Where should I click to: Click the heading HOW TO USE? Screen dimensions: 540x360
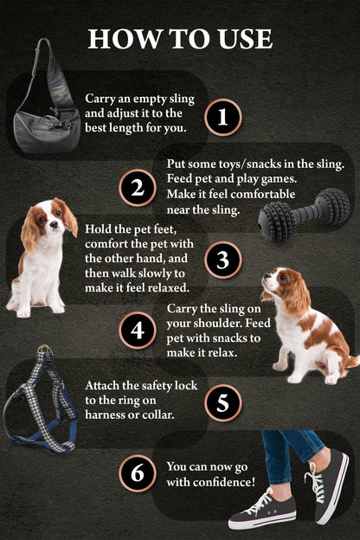pos(180,38)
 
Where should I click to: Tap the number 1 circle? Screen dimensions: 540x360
pos(223,118)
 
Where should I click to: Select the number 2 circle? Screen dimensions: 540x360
pos(137,188)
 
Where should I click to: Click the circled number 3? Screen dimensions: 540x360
pos(223,259)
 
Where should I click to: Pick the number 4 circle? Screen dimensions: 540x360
pos(137,330)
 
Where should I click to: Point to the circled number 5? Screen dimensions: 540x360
pos(223,402)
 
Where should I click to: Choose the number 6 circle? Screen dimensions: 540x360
pos(137,472)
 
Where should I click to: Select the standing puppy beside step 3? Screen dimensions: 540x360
pos(40,255)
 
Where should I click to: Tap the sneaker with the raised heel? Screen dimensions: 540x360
pos(329,485)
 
